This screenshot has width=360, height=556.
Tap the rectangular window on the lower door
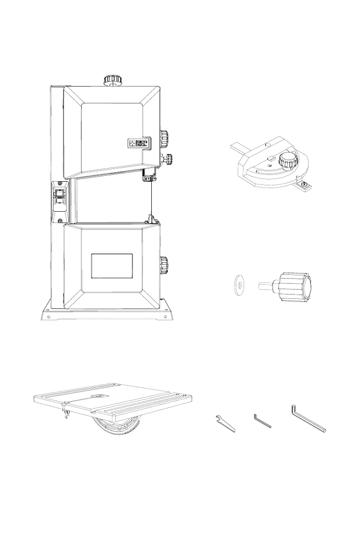pos(112,266)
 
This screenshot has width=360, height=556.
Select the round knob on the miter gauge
pos(287,160)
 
